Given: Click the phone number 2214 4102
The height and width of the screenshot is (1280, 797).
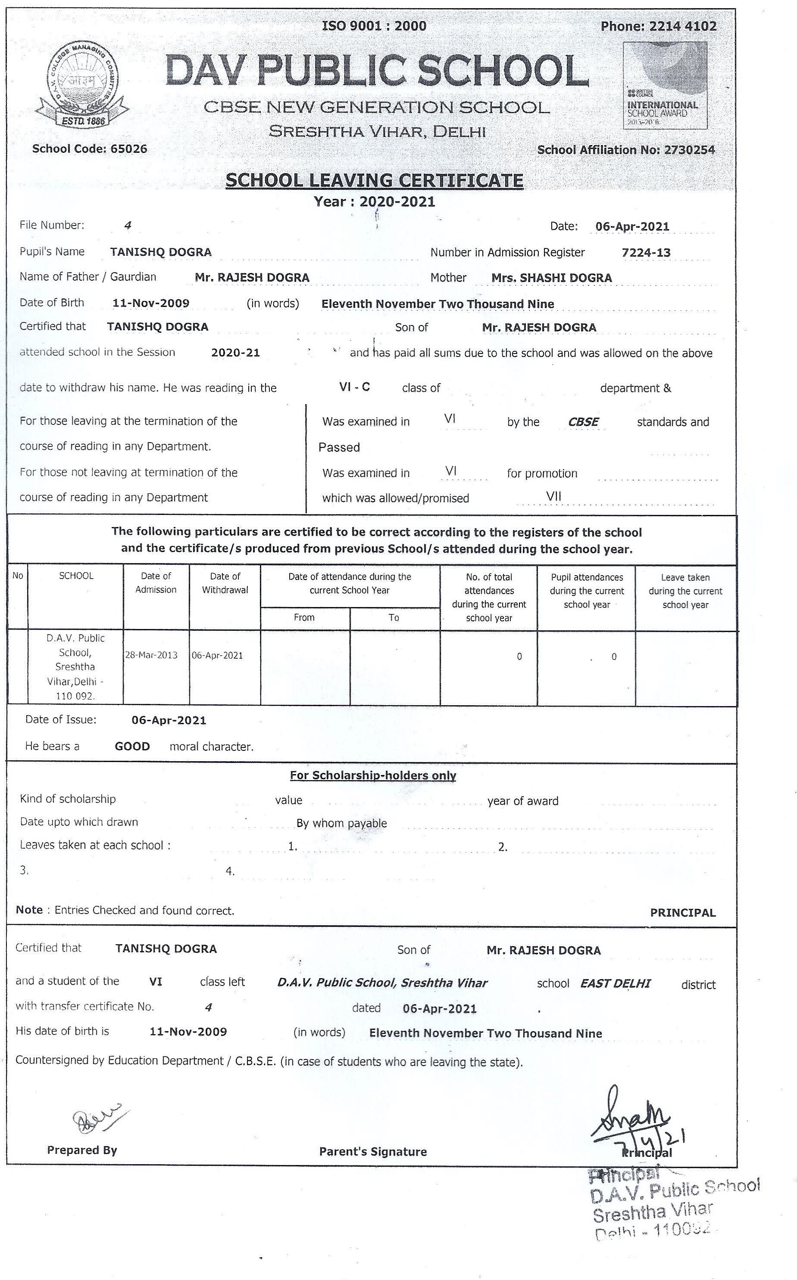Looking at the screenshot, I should [683, 26].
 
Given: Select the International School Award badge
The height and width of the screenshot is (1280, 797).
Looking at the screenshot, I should [665, 85].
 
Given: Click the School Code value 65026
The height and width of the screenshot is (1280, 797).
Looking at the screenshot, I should [129, 149].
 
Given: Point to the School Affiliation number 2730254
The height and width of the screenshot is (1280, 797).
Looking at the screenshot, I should [689, 150].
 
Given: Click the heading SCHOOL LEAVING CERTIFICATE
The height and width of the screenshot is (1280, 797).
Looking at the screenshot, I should [374, 180].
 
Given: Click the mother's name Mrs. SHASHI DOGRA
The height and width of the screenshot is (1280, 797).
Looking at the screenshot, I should [551, 278].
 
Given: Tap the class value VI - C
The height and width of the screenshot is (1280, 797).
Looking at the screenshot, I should [354, 387].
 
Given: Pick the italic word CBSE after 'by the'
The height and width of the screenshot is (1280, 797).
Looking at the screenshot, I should [583, 422].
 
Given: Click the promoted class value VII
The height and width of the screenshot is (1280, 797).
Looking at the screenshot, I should [553, 496].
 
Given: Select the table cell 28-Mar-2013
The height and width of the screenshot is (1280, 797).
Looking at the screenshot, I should [151, 655].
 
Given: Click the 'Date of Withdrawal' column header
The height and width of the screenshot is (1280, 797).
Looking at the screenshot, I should [225, 583].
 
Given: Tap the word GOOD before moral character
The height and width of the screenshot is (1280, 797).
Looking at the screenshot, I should [132, 747].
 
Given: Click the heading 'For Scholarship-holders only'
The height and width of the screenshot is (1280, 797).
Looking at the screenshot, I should [373, 775].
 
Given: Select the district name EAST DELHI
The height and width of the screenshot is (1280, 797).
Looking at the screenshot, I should [615, 983].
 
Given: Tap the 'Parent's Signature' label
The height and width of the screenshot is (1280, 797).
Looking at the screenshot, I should [373, 1152].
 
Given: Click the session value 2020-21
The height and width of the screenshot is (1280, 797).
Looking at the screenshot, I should [236, 353].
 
